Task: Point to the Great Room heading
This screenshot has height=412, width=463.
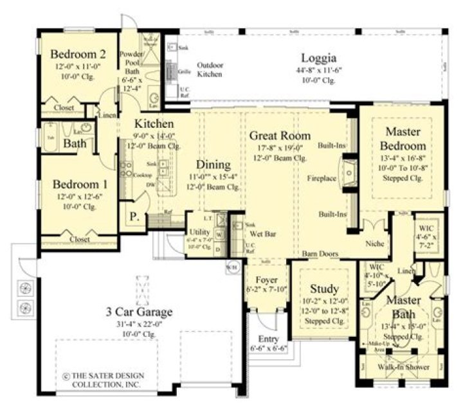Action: pos(280,136)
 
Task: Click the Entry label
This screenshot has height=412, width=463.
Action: pos(268,339)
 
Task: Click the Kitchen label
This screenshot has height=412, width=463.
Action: pos(154,123)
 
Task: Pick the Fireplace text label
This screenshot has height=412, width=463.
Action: pos(322,177)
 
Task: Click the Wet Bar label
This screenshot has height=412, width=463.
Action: pos(261,235)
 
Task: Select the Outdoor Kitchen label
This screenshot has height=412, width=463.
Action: pos(210,69)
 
